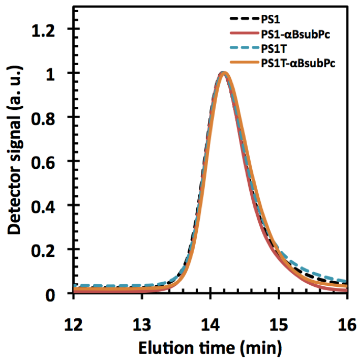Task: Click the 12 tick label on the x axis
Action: tap(74, 312)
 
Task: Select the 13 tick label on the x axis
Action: tap(142, 312)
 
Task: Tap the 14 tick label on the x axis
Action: tap(211, 312)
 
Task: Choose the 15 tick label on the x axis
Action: tap(279, 312)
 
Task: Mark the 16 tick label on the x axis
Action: tap(346, 312)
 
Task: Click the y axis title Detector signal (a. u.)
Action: tap(16, 162)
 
